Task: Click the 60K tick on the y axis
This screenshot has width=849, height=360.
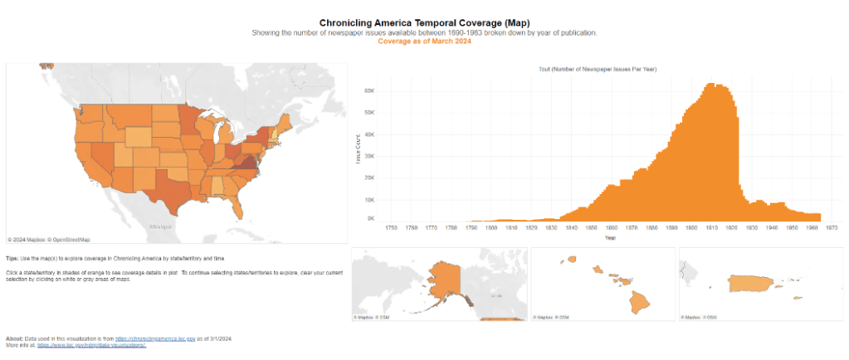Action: [x=371, y=90]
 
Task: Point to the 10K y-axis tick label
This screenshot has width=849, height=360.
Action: [x=371, y=200]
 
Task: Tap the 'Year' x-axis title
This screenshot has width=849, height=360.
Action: [x=610, y=238]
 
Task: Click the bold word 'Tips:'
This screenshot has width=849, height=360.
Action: [x=12, y=259]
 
